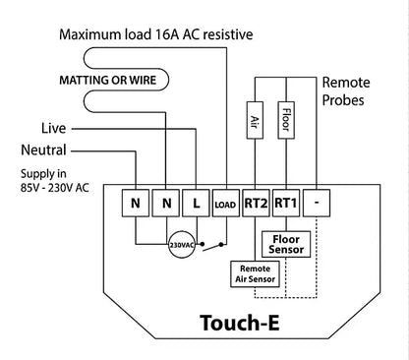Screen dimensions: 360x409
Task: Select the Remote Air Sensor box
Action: click(254, 273)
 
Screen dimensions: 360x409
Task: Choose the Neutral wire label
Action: click(42, 150)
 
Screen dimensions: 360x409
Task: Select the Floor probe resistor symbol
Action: click(285, 117)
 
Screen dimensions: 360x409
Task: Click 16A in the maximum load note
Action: click(164, 34)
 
